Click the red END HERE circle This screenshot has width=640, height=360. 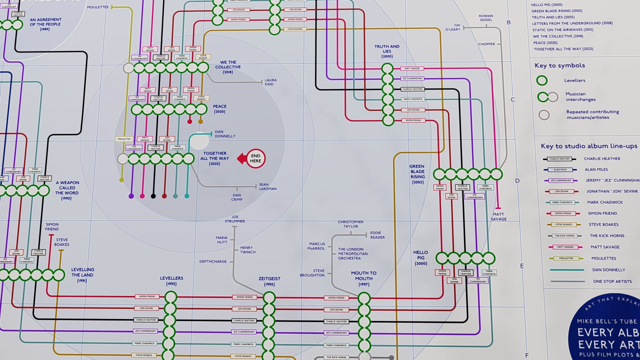(255, 158)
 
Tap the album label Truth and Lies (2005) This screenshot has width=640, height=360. (387, 51)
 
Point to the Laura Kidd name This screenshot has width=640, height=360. (270, 82)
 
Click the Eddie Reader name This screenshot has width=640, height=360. (377, 235)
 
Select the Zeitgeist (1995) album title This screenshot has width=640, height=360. (269, 281)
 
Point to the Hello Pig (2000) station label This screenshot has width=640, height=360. (420, 257)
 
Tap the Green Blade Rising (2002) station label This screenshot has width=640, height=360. (417, 174)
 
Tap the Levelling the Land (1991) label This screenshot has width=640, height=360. (82, 275)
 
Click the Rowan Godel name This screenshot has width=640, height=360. (485, 18)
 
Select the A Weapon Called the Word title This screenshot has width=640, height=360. (66, 190)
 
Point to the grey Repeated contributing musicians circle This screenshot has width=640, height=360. (543, 114)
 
